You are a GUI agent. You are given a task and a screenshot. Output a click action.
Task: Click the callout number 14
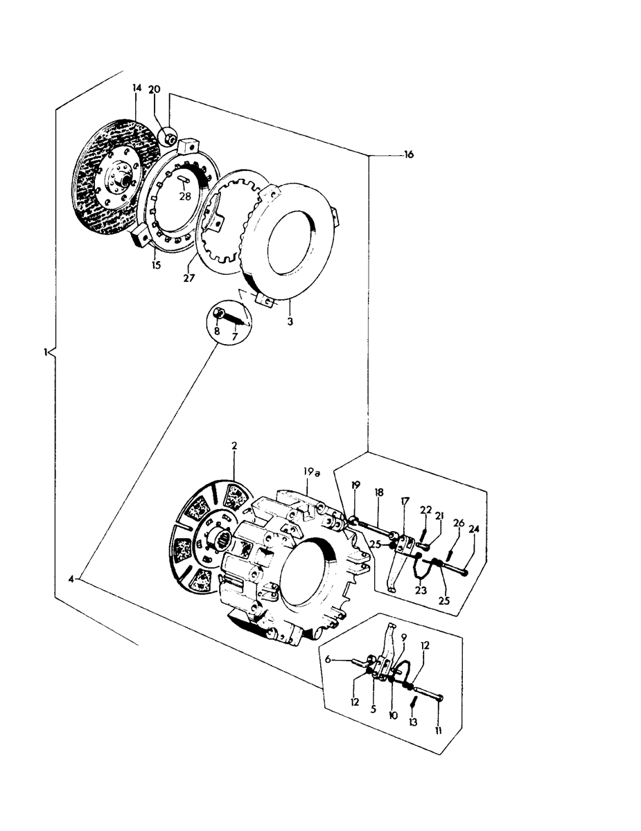coord(137,88)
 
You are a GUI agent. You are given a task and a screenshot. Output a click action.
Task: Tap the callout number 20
coord(154,89)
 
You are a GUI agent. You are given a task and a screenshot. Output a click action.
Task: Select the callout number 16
coord(408,154)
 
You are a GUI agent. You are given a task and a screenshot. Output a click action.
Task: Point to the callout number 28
coord(185,196)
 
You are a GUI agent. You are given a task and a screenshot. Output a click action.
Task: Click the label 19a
coord(312,472)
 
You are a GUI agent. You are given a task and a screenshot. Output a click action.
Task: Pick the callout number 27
coord(189,278)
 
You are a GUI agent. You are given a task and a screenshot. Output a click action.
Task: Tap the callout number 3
coord(290,321)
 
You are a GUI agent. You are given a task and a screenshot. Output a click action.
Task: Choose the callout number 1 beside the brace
coord(45,352)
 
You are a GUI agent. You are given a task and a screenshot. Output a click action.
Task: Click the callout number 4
coord(71,580)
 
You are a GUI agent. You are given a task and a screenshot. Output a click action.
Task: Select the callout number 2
coord(234,445)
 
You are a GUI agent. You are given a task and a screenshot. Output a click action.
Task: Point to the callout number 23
coord(421,591)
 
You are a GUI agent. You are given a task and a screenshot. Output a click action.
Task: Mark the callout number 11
coord(439,731)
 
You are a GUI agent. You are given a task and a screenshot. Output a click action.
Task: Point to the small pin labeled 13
coord(414,702)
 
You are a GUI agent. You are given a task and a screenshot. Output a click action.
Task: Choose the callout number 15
coord(156,265)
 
